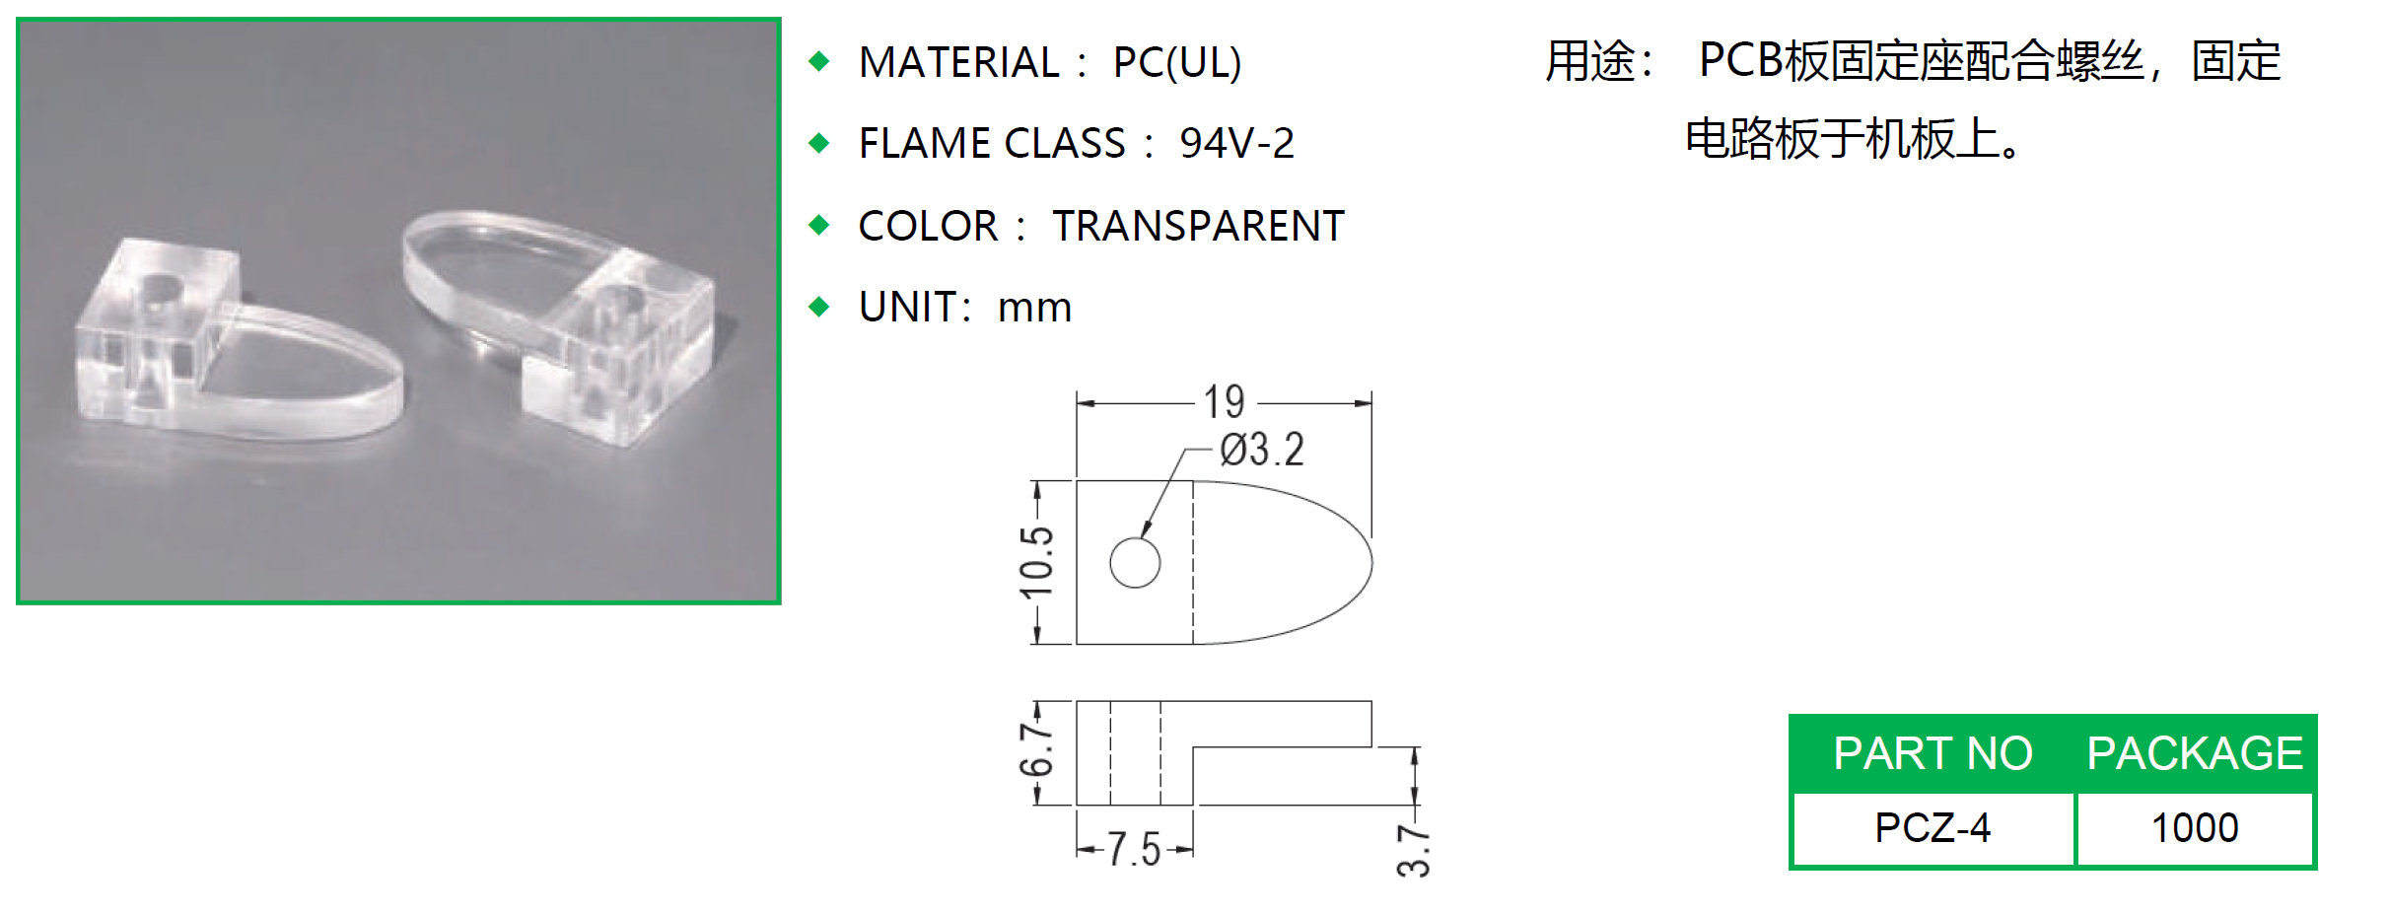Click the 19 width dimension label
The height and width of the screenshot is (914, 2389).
(x=1224, y=402)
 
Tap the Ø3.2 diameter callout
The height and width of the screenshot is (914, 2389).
(x=1261, y=450)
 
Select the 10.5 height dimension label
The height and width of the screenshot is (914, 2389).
(x=1037, y=562)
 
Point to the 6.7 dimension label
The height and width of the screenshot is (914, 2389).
(x=1036, y=750)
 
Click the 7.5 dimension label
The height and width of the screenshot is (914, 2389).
(x=1133, y=849)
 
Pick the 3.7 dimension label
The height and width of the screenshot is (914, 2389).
(x=1413, y=850)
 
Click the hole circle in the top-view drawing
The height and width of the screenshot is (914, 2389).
(x=1135, y=563)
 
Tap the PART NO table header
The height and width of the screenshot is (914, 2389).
(x=1932, y=753)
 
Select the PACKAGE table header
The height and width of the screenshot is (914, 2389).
(x=2195, y=753)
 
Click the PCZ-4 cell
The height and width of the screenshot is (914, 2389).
(x=1932, y=828)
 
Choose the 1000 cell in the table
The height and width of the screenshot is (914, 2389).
(x=2195, y=828)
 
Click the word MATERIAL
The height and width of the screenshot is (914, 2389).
(x=958, y=63)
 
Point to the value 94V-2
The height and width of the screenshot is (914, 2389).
(x=1236, y=144)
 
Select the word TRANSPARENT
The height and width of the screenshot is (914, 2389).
(x=1198, y=226)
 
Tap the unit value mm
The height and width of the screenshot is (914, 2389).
(x=1034, y=308)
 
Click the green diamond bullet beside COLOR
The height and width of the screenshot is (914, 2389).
(x=818, y=226)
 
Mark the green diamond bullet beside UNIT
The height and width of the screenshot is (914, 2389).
(x=818, y=307)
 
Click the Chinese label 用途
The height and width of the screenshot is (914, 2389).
(x=1590, y=61)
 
